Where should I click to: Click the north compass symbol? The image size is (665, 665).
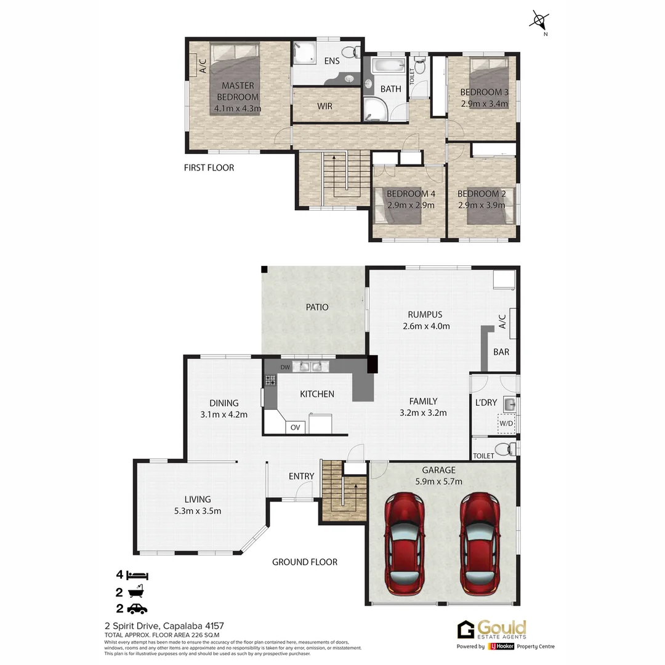[x=539, y=22]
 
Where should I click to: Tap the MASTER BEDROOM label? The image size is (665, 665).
[x=238, y=91]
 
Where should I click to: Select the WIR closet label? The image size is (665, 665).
[x=324, y=106]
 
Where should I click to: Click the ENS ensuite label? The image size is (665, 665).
[x=332, y=61]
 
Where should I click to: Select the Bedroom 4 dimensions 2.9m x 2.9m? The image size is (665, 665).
[x=410, y=205]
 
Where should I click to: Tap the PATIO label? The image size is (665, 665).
[x=317, y=307]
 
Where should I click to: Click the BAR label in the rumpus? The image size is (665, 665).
[x=501, y=352]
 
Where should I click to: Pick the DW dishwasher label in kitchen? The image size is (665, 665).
[x=284, y=368]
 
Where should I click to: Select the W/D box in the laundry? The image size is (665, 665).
[x=506, y=424]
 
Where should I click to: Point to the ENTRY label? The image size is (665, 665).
[x=301, y=476]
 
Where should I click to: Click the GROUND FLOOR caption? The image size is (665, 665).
[x=305, y=562]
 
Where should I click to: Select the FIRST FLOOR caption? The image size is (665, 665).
[x=209, y=167]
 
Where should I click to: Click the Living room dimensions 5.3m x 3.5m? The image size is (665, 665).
[x=198, y=510]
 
